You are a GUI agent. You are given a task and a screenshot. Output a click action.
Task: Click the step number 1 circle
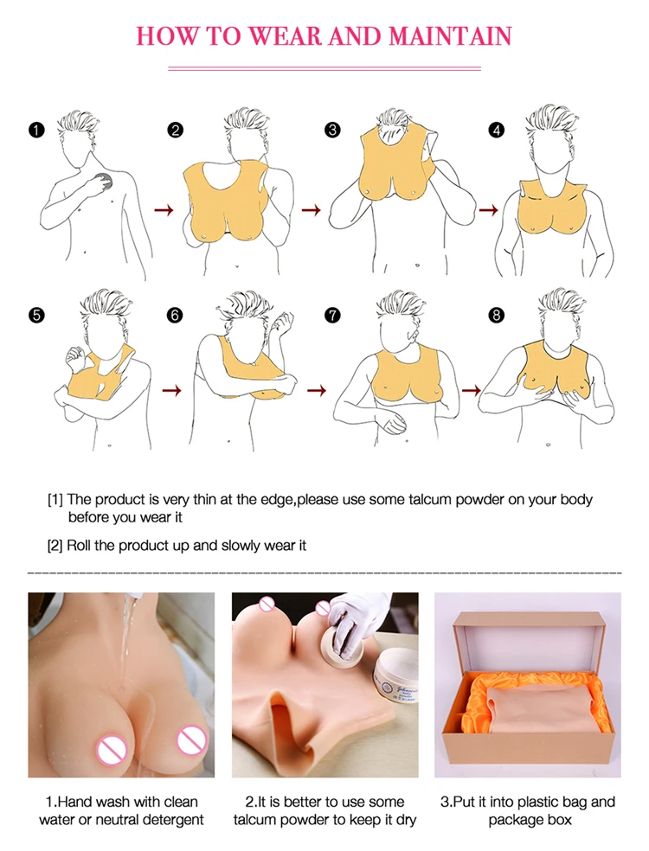[35, 131]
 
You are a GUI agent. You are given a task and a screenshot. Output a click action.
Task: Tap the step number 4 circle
[496, 131]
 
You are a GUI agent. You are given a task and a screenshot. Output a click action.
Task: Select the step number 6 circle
[176, 315]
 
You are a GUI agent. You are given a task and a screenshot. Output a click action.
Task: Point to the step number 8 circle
[496, 315]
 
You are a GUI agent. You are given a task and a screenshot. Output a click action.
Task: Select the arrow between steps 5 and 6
[171, 391]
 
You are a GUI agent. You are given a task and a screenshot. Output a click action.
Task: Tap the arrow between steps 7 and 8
[471, 391]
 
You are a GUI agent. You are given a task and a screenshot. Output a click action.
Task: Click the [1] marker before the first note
[55, 500]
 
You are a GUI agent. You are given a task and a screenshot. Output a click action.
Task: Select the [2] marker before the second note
[55, 546]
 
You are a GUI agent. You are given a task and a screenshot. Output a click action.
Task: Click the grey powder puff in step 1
[104, 182]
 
